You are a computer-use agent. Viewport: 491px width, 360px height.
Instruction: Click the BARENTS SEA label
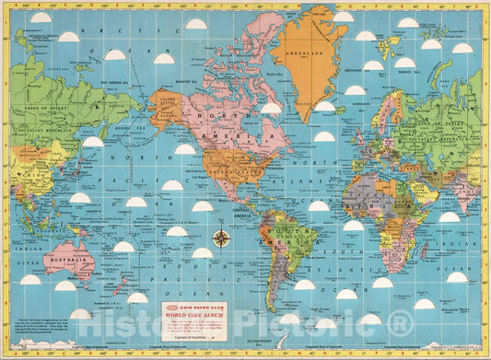406,62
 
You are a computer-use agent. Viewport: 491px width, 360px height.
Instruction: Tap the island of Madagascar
425,251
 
